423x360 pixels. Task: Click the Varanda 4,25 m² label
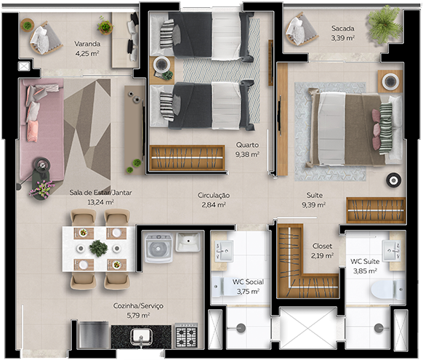tap(87, 48)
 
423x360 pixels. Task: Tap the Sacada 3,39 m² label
tap(342, 33)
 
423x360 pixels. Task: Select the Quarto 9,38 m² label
tap(247, 149)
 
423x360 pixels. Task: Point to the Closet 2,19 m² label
tap(322, 250)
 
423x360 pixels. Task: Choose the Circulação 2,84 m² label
tap(214, 200)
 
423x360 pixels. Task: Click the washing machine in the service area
tap(158, 248)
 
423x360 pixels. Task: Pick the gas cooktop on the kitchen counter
tap(188, 335)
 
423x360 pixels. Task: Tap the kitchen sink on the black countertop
tap(141, 336)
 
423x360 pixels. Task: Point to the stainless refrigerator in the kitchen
tap(93, 335)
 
